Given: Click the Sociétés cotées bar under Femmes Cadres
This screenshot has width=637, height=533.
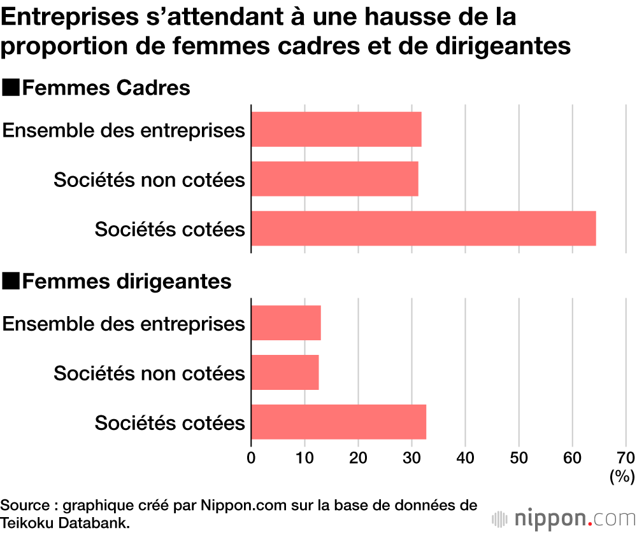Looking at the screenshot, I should coord(424,228).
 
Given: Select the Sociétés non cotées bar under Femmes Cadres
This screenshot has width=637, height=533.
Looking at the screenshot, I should coord(335,179).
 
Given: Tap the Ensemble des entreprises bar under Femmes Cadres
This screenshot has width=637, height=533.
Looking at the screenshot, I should coord(336,130).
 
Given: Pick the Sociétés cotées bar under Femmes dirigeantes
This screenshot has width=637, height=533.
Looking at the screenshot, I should coord(339,422).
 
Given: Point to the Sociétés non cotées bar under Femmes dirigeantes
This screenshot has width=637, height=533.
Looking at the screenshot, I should coord(285,373).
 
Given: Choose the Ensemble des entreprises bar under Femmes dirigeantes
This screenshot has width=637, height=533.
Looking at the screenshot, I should coord(286,323).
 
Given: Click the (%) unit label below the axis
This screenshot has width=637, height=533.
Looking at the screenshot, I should coord(622,475).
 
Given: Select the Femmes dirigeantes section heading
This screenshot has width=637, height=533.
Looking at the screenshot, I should coord(127,281).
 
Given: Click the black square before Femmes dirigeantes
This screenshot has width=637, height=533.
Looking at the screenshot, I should coord(11,281).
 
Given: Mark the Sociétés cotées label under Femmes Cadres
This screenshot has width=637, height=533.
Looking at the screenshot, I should coord(170,229).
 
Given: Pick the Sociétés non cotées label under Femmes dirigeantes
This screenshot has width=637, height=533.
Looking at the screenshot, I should coord(149,373).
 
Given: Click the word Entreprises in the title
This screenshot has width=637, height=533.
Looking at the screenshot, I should coord(71,18).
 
